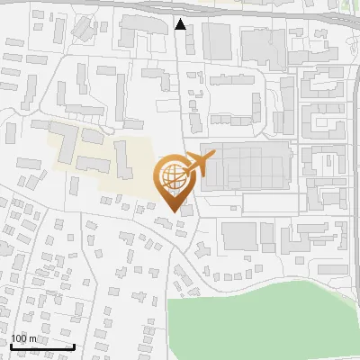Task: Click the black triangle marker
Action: click(181, 24)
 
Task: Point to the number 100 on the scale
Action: click(19, 338)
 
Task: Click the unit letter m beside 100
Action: click(33, 338)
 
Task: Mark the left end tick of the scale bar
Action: click(11, 346)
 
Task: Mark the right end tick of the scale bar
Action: click(74, 346)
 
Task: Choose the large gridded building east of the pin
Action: click(247, 167)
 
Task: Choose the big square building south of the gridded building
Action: click(239, 237)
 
